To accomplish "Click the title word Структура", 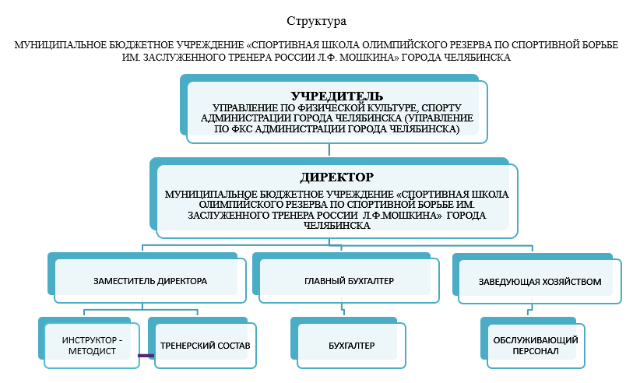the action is pyautogui.click(x=316, y=21).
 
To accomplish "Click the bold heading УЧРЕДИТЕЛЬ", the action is pyautogui.click(x=336, y=97).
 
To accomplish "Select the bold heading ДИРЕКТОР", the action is pyautogui.click(x=336, y=177).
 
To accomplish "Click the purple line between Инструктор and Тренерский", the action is pyautogui.click(x=146, y=356).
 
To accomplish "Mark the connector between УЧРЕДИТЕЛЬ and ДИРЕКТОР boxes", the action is pyautogui.click(x=329, y=149).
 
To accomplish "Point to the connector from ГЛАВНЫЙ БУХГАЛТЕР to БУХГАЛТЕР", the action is pyautogui.click(x=343, y=309).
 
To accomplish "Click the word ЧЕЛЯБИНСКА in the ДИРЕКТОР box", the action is pyautogui.click(x=336, y=226).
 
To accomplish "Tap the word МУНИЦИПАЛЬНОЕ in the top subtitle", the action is pyautogui.click(x=61, y=45).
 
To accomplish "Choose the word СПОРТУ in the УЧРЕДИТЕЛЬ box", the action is pyautogui.click(x=441, y=108).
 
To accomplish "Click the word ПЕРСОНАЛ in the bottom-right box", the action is pyautogui.click(x=536, y=351).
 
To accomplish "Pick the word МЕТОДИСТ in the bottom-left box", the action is pyautogui.click(x=92, y=351).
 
